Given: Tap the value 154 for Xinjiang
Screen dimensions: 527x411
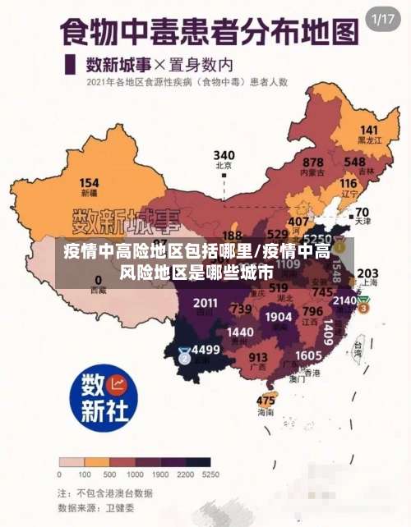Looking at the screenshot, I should point(89,183).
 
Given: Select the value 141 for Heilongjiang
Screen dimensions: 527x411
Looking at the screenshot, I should point(369,131).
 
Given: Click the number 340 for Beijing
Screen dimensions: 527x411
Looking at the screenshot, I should point(224,155).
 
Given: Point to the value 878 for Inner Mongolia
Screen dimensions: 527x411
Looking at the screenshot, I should point(312,163).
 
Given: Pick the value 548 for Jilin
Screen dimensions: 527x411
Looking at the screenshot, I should point(355,162).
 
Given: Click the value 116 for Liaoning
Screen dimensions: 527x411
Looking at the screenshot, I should point(349,184).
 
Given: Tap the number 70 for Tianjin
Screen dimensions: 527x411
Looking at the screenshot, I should point(362,212).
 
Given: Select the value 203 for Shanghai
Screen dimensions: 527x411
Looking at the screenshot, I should point(368,273).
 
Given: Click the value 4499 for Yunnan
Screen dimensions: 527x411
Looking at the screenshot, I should point(205,350).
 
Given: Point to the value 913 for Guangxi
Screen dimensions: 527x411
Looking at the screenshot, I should point(258,357).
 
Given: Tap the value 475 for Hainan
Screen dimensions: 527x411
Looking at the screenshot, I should point(266,401).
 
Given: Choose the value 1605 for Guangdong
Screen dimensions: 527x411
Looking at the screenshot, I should point(308,355).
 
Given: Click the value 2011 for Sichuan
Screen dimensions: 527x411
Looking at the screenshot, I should point(205,303).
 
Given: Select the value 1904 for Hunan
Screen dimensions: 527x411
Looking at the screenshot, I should point(279,317).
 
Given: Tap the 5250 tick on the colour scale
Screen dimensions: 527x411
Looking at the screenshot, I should point(210,474).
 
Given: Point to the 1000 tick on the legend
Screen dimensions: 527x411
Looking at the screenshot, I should point(135,474).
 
